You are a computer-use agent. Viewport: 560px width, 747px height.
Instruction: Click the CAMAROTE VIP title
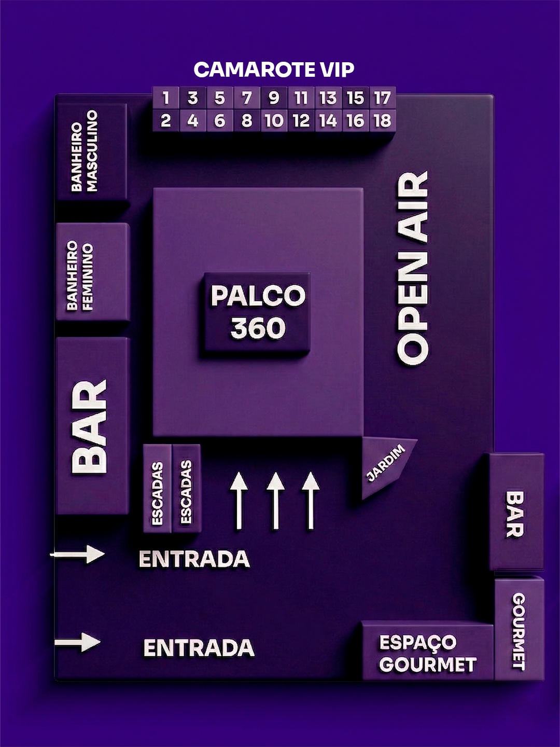pos(274,70)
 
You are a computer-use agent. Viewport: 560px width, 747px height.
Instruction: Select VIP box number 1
pos(166,98)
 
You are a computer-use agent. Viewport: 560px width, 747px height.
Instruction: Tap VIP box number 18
pos(382,121)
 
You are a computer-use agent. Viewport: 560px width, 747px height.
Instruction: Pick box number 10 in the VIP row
pos(274,121)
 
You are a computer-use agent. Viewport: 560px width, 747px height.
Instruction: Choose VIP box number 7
pos(247,98)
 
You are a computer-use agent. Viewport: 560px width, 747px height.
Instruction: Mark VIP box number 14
pos(328,121)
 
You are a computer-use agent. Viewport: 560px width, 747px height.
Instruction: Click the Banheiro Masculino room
pos(91,151)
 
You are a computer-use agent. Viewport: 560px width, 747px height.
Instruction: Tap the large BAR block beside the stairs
pos(92,425)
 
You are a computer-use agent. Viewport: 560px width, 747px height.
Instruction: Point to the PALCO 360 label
pos(258,312)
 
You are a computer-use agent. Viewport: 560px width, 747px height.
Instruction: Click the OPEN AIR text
pos(413,268)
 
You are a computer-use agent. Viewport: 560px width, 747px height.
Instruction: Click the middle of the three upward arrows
pos(275,501)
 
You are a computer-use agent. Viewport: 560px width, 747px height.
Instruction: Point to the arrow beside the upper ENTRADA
pos(78,555)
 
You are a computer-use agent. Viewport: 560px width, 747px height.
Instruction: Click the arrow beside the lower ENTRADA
pos(78,643)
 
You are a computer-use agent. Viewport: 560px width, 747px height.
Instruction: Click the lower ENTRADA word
pos(199,648)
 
